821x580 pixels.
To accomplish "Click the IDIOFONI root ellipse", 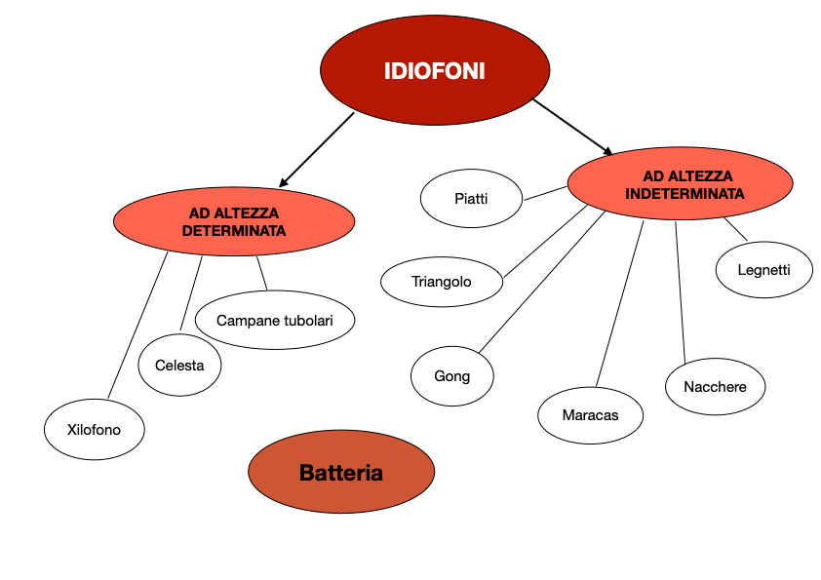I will pyautogui.click(x=434, y=71).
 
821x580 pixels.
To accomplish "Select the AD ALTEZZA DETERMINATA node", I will pyautogui.click(x=233, y=221).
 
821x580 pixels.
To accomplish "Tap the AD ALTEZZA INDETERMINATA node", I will pyautogui.click(x=681, y=184).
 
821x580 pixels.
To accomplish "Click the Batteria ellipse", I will pyautogui.click(x=340, y=473).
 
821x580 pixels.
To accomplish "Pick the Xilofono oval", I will pyautogui.click(x=95, y=429).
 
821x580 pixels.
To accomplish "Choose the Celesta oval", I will pyautogui.click(x=179, y=366).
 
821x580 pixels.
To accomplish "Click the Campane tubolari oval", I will pyautogui.click(x=274, y=320).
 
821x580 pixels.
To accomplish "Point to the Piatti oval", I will pyautogui.click(x=471, y=199).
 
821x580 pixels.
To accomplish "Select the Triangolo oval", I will pyautogui.click(x=442, y=282).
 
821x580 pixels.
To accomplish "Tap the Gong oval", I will pyautogui.click(x=452, y=376).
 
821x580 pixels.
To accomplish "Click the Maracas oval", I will pyautogui.click(x=590, y=415).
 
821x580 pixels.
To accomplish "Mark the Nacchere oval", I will pyautogui.click(x=715, y=387).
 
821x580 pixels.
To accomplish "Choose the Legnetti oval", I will pyautogui.click(x=763, y=270).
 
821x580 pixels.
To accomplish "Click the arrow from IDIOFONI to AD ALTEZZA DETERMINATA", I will pyautogui.click(x=317, y=149).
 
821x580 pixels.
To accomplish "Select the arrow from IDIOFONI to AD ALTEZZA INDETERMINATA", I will pyautogui.click(x=573, y=127).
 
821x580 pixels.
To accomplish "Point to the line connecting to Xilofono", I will pyautogui.click(x=137, y=326).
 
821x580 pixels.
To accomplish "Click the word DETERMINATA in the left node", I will pyautogui.click(x=233, y=231).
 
